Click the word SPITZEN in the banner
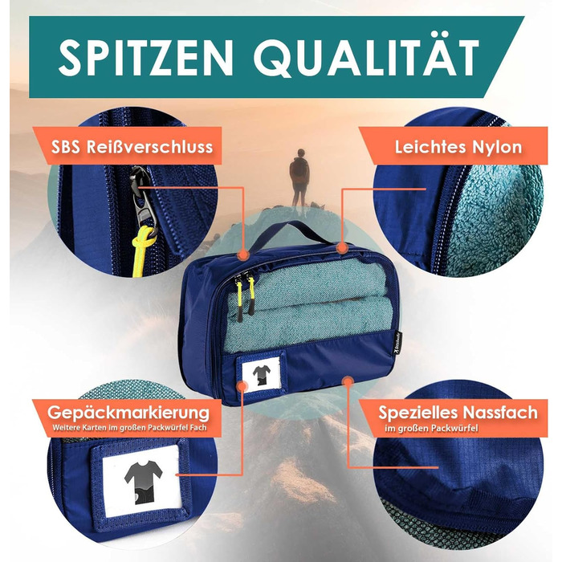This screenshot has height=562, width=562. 146,57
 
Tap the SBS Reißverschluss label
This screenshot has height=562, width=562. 132,147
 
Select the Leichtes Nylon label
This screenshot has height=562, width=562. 458,147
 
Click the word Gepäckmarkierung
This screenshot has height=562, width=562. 128,413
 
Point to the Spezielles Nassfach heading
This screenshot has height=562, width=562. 458,413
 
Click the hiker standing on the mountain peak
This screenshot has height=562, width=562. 299,177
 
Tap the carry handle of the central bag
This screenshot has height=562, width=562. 292,233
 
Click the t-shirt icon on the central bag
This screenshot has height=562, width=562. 262,375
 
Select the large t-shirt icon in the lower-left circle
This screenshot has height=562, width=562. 143,483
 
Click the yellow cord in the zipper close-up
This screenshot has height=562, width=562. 140,250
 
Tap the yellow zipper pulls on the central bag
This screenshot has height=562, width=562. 245,297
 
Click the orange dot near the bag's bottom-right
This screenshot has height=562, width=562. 347,381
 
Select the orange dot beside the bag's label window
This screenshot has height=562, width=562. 242,386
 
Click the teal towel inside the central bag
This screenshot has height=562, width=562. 308,304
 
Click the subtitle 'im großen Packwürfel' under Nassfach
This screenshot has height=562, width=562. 431,428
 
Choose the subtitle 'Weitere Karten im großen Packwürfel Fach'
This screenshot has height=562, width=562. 129,428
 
